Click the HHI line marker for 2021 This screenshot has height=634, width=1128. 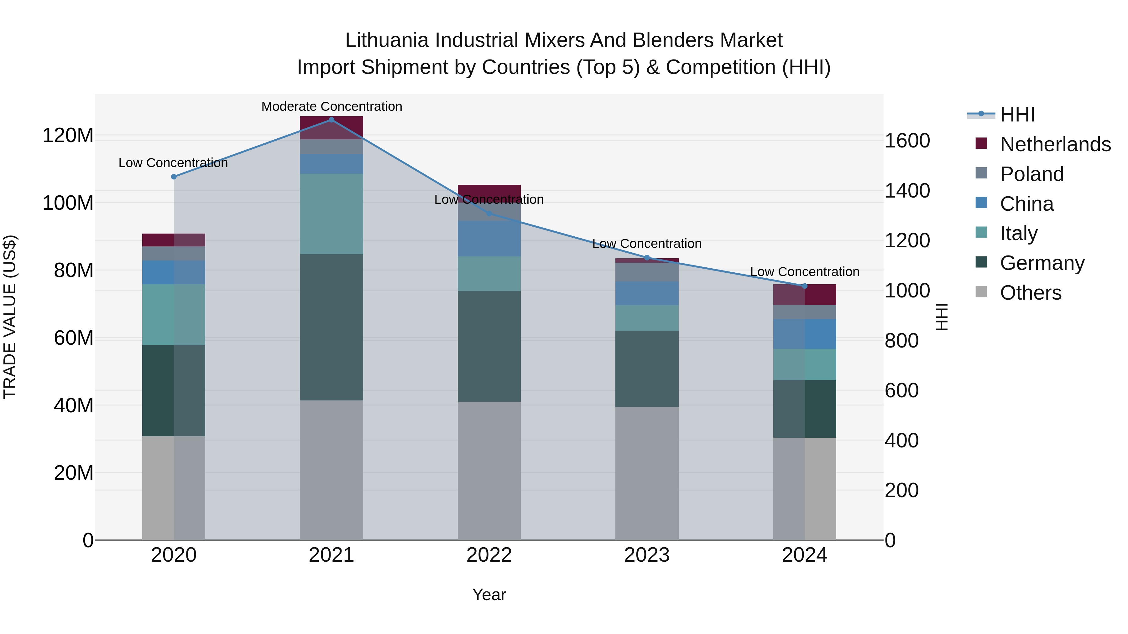coord(332,120)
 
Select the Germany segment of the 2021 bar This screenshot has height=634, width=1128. coord(332,327)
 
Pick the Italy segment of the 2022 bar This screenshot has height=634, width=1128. coord(489,273)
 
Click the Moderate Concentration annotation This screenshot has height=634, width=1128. coord(332,106)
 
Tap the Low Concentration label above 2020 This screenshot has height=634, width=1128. coord(173,163)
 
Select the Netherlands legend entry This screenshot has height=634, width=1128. coord(1055,144)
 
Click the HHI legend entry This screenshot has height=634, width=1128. coord(1017,115)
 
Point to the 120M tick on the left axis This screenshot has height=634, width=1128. coord(68,135)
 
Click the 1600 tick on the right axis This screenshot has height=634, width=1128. coord(907,141)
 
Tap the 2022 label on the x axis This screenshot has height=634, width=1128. coord(489,555)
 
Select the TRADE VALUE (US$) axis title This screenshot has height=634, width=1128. coord(10,317)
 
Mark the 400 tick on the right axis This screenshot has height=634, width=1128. coord(901,440)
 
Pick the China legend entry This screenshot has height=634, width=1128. coord(1026,204)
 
